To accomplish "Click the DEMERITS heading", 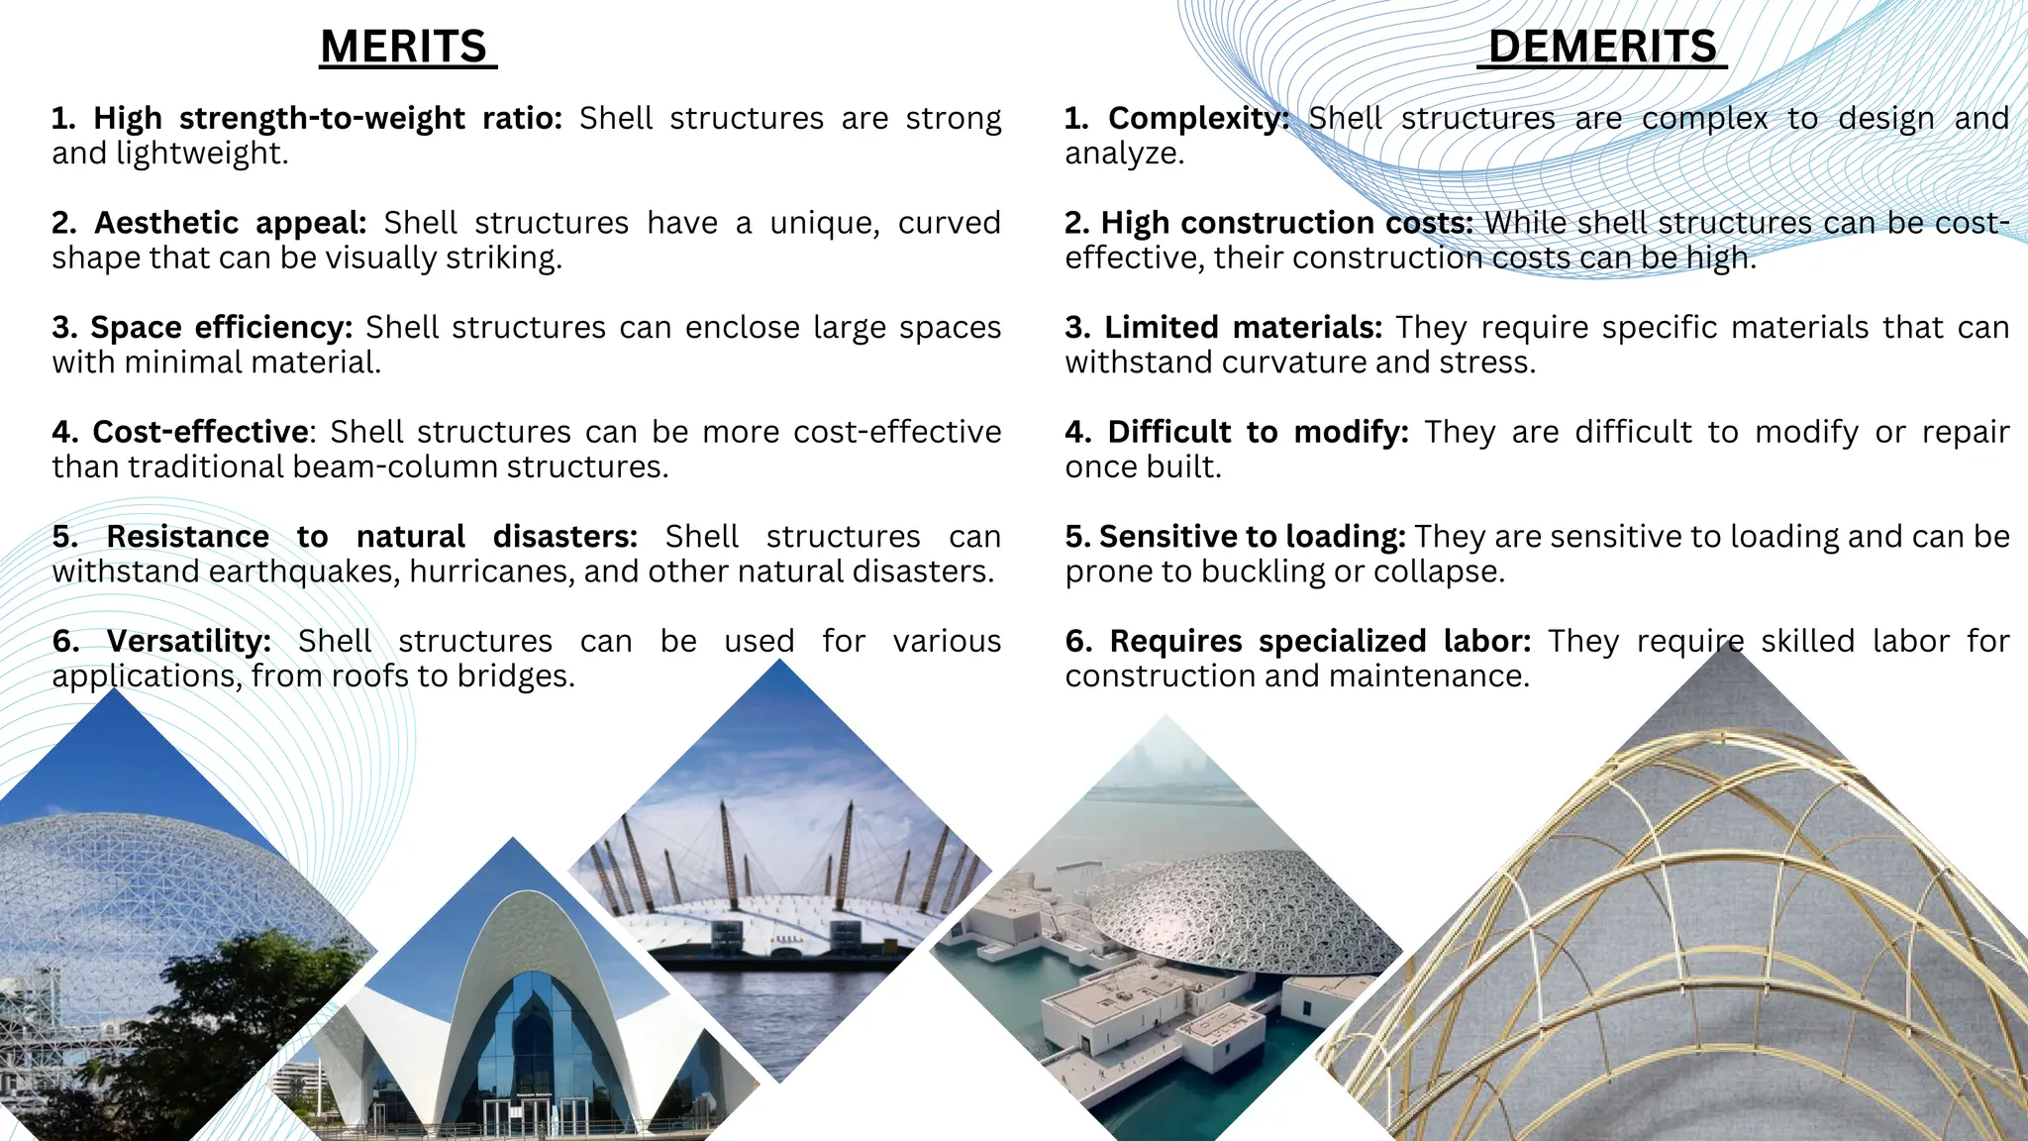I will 1602,48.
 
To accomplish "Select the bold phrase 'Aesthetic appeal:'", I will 230,223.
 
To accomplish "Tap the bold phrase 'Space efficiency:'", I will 221,328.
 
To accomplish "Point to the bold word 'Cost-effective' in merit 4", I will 200,432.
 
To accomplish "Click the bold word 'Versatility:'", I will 188,641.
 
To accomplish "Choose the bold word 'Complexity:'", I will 1198,119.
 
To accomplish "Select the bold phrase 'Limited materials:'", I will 1243,328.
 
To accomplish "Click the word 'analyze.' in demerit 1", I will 1124,154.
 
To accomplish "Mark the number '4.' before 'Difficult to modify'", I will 1077,432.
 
